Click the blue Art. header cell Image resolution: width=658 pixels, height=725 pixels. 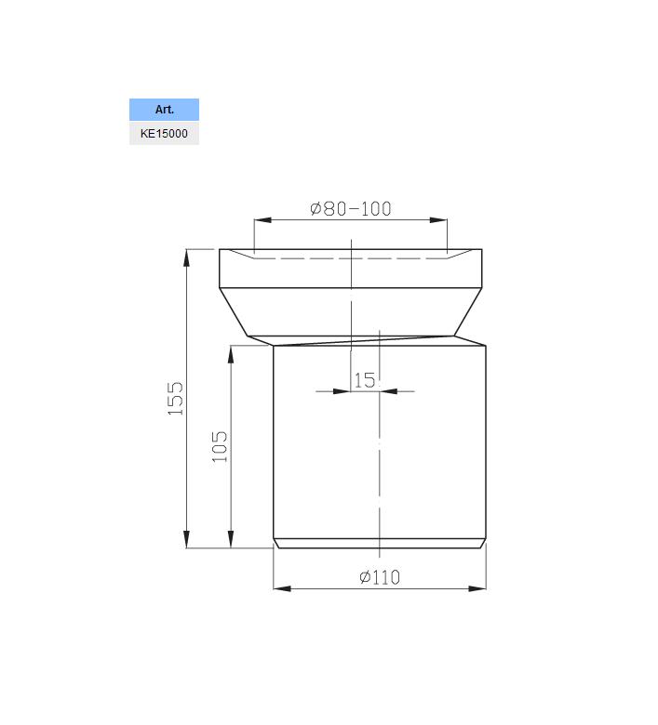[164, 110]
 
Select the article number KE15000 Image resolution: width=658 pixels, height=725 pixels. [164, 134]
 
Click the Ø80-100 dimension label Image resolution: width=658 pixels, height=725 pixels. [351, 208]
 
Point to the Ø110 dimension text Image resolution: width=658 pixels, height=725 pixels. [379, 577]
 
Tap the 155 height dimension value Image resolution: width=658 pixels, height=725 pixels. [176, 398]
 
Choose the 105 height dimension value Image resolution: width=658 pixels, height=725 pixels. [220, 447]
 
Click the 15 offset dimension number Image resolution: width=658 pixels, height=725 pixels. [365, 380]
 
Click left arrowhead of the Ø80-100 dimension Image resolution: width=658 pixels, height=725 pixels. [262, 219]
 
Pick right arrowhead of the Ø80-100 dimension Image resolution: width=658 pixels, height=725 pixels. [438, 219]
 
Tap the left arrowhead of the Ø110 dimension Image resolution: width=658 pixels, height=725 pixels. [282, 588]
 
